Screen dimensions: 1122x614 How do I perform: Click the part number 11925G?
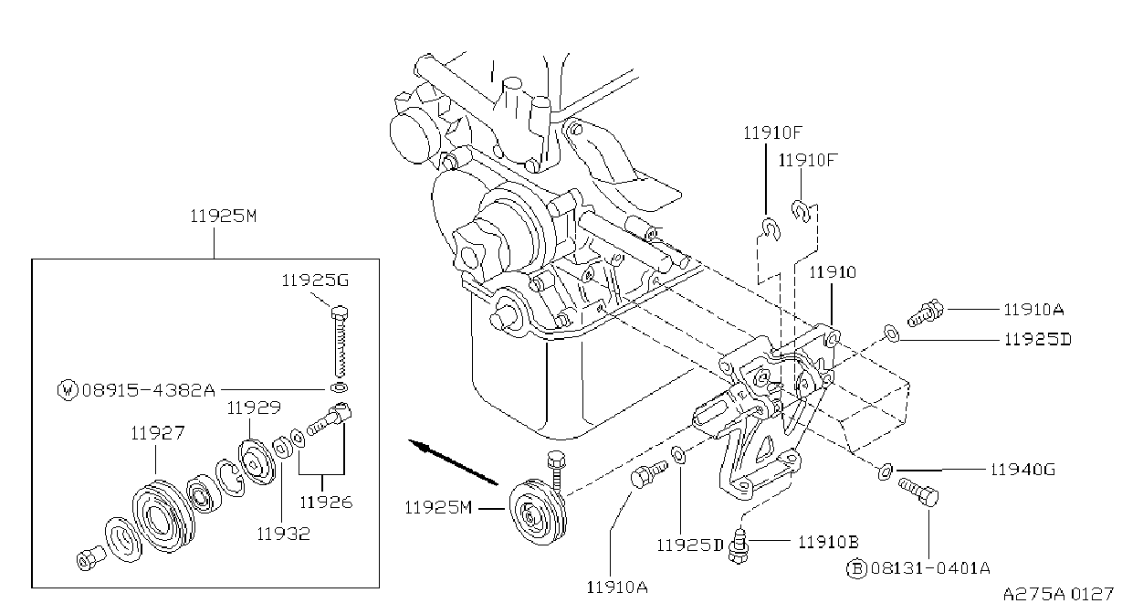(x=315, y=281)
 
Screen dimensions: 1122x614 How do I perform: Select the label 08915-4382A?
(x=148, y=389)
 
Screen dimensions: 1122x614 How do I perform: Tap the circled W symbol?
(x=68, y=390)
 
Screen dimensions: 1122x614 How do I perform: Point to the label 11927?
(x=158, y=432)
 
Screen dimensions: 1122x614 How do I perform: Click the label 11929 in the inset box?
(x=254, y=408)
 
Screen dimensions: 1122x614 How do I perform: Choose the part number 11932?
(x=284, y=534)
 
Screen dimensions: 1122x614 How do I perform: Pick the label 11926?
(x=326, y=502)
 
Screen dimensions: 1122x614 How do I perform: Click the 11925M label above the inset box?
(x=224, y=216)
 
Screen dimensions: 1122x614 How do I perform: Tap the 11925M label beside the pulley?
(x=438, y=508)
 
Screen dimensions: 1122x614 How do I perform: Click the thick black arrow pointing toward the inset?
(x=454, y=462)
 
